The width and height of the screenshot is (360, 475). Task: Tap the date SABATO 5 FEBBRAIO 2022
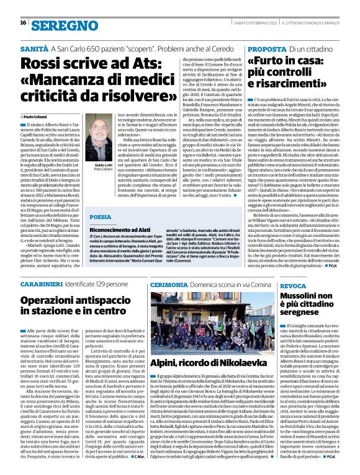pos(252,24)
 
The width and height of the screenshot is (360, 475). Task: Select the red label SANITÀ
pos(34,48)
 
